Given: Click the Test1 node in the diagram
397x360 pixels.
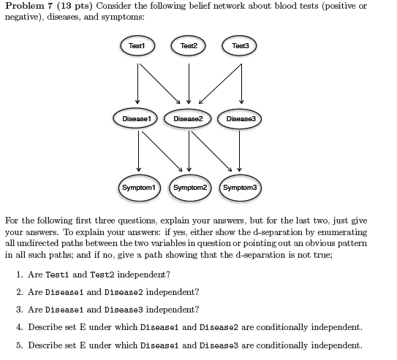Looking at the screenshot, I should pos(137,45).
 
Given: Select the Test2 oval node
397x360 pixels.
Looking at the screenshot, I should pos(189,45).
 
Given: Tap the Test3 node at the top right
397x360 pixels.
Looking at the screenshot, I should pos(241,45).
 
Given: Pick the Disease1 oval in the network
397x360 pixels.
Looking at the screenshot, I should pos(137,117).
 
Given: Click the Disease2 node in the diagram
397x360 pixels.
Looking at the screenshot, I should pos(189,117).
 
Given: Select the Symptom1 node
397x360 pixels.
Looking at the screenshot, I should pos(137,188).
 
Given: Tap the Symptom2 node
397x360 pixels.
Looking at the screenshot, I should pos(189,188).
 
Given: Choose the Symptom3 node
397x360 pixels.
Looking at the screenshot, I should pos(241,188).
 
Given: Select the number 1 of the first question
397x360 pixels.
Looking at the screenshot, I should pos(18,275).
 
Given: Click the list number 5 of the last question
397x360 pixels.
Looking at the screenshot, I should pos(18,345).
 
